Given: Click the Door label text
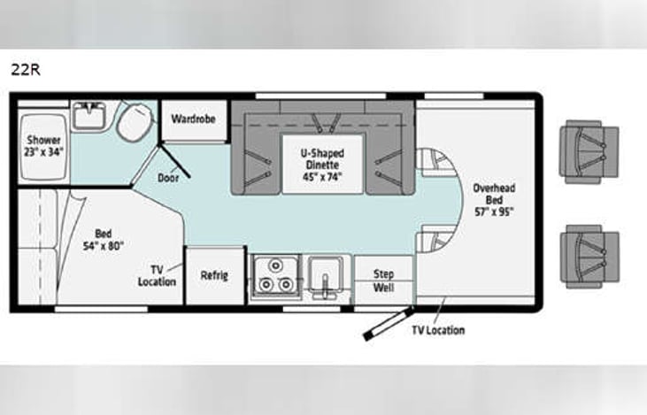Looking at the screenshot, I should point(168,177).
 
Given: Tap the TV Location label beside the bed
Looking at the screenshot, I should point(158,275).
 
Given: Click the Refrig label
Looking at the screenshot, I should point(214,275).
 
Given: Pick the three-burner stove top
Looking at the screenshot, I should point(274,276).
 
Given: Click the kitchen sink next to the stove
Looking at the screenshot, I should point(328,276).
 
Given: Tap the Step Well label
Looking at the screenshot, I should point(383,280).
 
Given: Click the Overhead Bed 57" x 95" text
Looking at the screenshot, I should point(493,199).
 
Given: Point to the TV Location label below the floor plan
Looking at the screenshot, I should point(437,330).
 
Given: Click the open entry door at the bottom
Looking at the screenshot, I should point(387,323).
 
